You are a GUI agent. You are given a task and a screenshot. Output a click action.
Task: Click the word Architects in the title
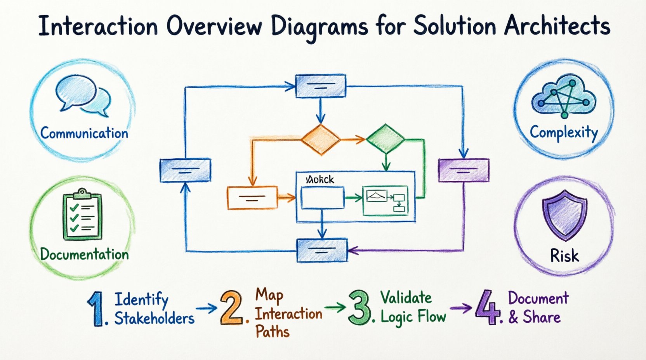[557, 26]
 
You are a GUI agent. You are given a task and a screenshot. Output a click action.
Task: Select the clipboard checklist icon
[82, 216]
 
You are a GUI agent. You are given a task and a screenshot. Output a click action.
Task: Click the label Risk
[564, 256]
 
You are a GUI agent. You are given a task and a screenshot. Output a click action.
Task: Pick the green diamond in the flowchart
[385, 138]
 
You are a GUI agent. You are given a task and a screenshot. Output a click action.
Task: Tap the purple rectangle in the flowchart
[464, 170]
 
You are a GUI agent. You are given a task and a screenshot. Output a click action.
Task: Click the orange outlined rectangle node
[252, 198]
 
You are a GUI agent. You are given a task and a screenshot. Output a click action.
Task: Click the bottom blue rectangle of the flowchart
[322, 250]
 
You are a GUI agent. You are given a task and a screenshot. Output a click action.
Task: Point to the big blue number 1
[96, 309]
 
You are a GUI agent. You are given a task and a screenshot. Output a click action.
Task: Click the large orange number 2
[231, 308]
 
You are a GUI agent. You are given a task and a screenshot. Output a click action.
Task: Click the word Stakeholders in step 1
[154, 318]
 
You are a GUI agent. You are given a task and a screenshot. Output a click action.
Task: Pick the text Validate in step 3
[406, 298]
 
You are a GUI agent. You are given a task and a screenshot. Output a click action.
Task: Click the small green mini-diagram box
[386, 201]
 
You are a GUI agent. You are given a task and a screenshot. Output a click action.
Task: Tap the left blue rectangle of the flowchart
[186, 170]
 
